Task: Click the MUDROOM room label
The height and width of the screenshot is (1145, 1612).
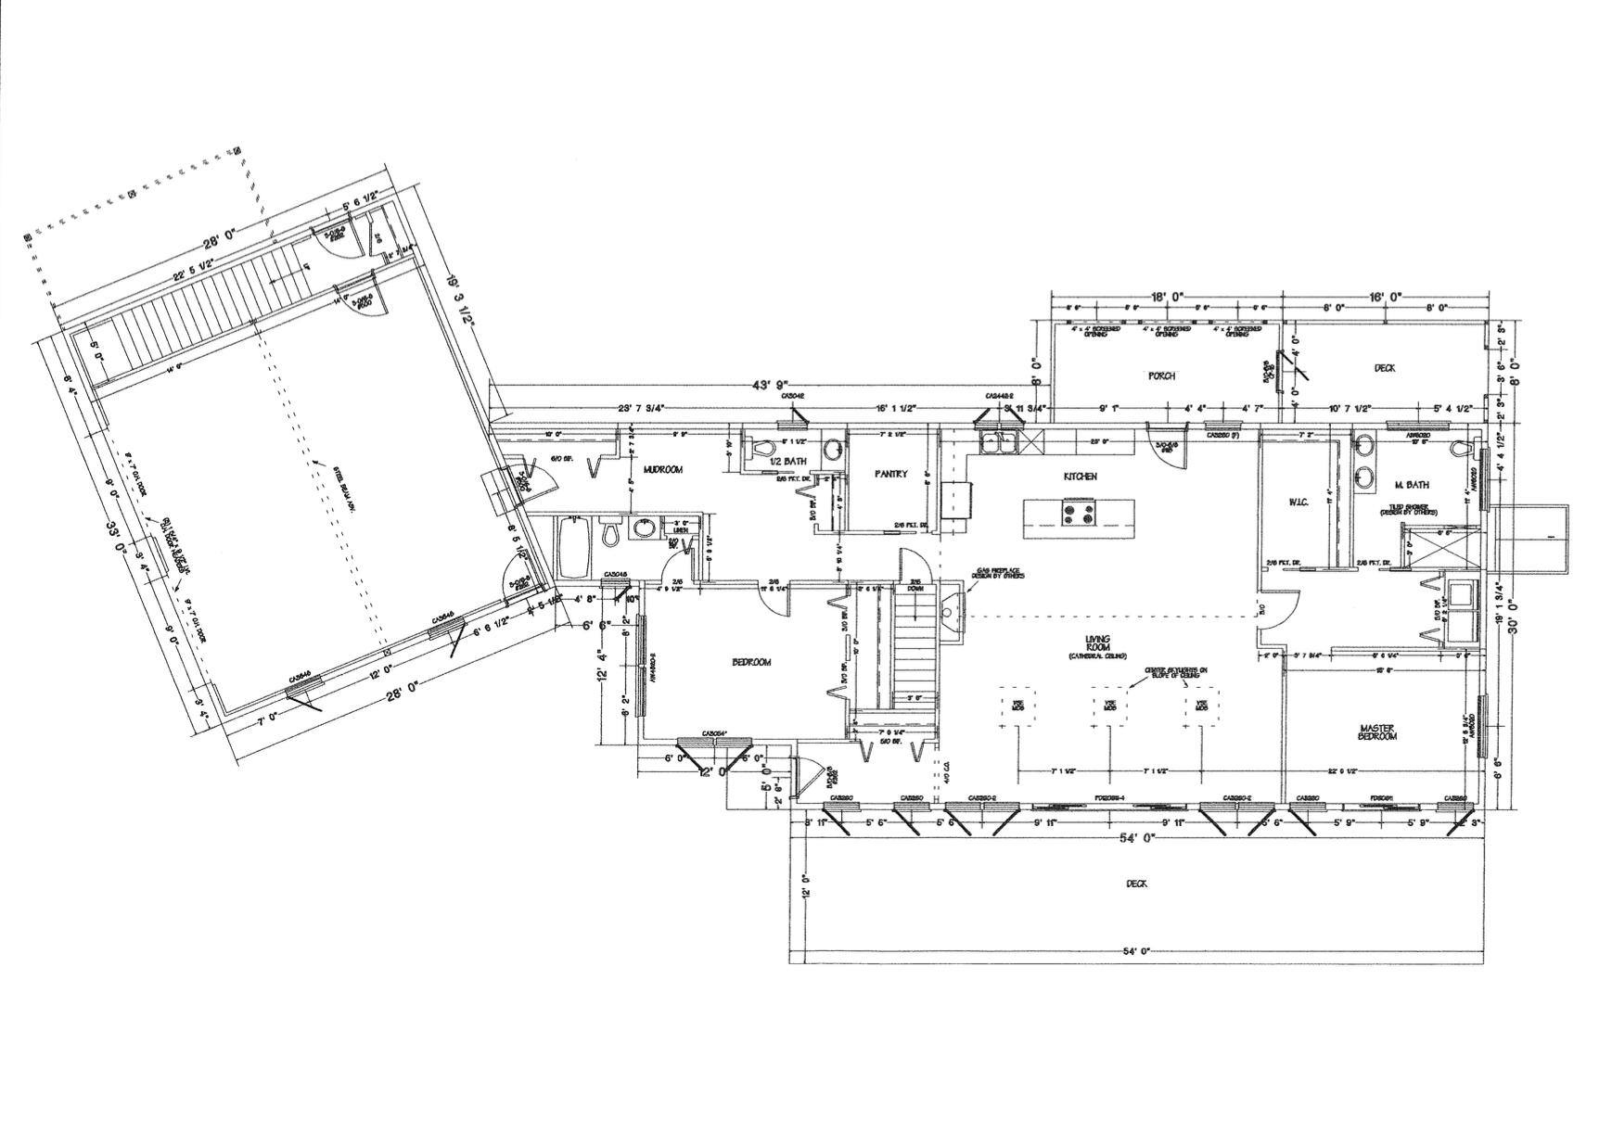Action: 662,470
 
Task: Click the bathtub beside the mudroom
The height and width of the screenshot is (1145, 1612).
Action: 569,548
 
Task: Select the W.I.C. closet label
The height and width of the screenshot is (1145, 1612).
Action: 1297,502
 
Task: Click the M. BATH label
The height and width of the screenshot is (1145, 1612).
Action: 1411,485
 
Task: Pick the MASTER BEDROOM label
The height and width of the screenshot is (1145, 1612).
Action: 1377,732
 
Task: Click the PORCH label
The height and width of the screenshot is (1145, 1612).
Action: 1161,375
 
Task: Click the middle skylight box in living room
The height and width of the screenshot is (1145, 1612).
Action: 1108,705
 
